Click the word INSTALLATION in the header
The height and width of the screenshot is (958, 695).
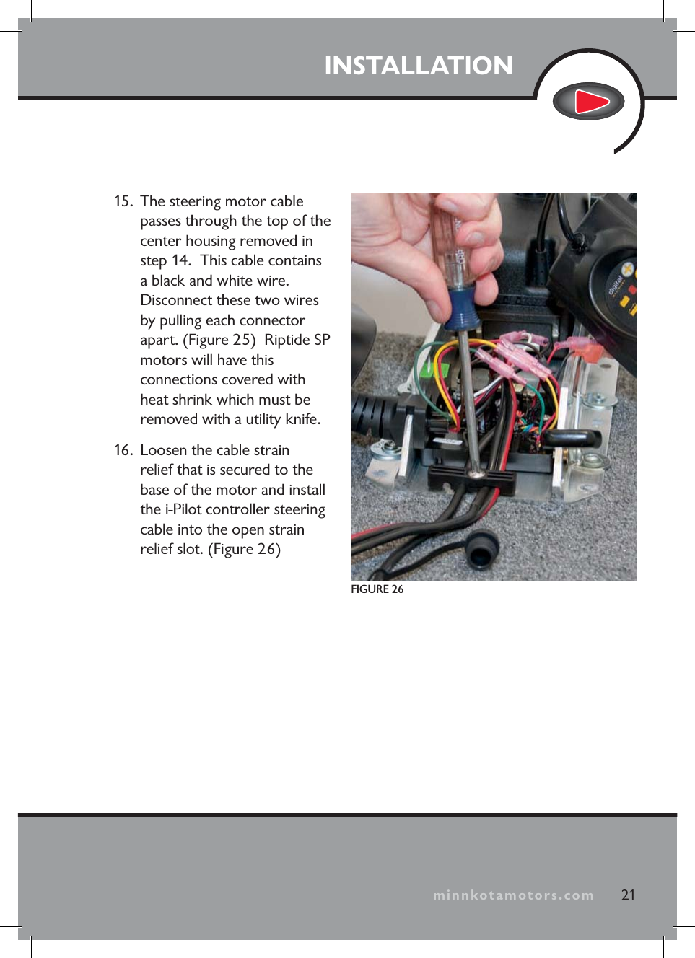coord(418,66)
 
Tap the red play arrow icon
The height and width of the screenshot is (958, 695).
coord(590,102)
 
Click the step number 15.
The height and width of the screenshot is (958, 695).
coord(123,201)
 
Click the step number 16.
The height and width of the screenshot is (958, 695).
coord(123,450)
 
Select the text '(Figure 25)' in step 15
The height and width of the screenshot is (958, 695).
coord(219,340)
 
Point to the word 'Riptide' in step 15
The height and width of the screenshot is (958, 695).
coord(287,340)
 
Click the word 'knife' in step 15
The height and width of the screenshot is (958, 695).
coord(302,419)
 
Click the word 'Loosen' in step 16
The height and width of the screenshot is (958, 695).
coord(164,450)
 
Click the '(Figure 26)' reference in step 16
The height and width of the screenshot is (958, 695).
coord(244,549)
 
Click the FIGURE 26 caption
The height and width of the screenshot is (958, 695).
coord(377,589)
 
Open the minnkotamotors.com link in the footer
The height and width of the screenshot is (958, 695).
coord(513,895)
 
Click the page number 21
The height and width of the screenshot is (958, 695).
coord(628,895)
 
